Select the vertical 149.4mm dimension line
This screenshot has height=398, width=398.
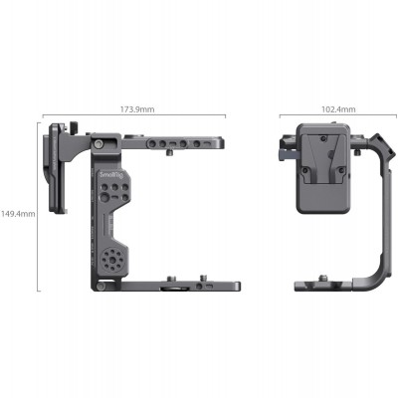pyautogui.click(x=39, y=212)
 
